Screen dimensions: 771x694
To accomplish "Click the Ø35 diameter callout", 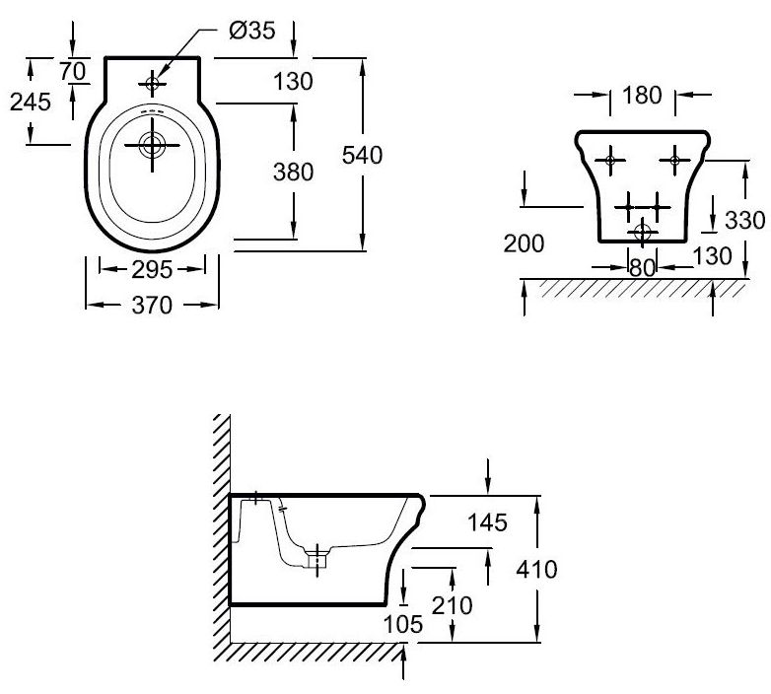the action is (252, 31).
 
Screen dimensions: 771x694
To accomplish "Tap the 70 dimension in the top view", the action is (73, 71).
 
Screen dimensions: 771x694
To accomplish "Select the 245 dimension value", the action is (31, 102).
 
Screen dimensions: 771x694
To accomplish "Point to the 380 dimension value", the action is (293, 173).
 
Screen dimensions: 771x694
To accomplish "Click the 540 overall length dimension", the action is (363, 155).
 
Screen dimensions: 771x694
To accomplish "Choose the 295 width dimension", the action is (152, 269).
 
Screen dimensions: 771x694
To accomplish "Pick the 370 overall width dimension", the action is (152, 306).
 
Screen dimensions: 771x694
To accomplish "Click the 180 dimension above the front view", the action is (642, 95).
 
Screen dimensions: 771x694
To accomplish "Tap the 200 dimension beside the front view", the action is (524, 243).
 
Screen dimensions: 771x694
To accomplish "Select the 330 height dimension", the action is (745, 220).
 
